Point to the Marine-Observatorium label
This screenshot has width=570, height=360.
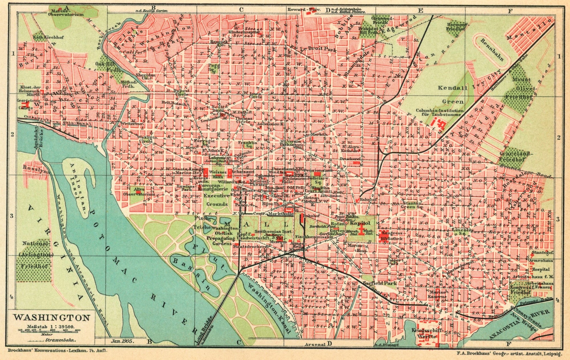click(66, 12)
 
